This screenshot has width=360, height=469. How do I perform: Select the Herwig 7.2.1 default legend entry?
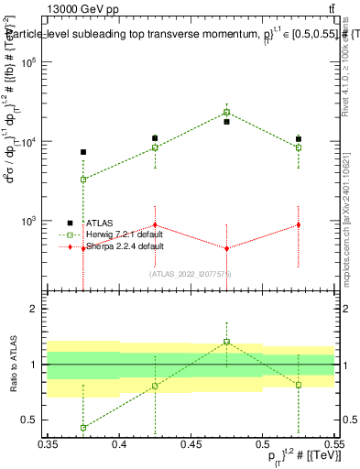tap(118, 234)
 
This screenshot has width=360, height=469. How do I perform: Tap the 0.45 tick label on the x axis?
tap(191, 443)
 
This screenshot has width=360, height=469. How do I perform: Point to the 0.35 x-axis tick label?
tap(48, 443)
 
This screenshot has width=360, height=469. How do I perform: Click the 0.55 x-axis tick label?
tap(333, 443)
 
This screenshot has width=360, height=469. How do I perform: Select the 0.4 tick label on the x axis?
tap(119, 443)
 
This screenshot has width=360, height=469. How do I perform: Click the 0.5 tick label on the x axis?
tap(262, 443)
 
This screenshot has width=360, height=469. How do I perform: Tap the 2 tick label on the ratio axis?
tap(38, 309)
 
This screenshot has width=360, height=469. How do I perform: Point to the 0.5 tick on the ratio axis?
tap(35, 420)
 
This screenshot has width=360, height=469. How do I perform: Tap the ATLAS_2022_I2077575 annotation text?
tap(191, 274)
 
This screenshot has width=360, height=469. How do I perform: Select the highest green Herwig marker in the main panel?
tap(226, 113)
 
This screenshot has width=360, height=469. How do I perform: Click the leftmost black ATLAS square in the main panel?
tap(83, 152)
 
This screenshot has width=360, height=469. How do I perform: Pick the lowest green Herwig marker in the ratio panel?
tap(83, 428)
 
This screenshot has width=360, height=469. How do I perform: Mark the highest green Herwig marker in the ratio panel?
tap(226, 342)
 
